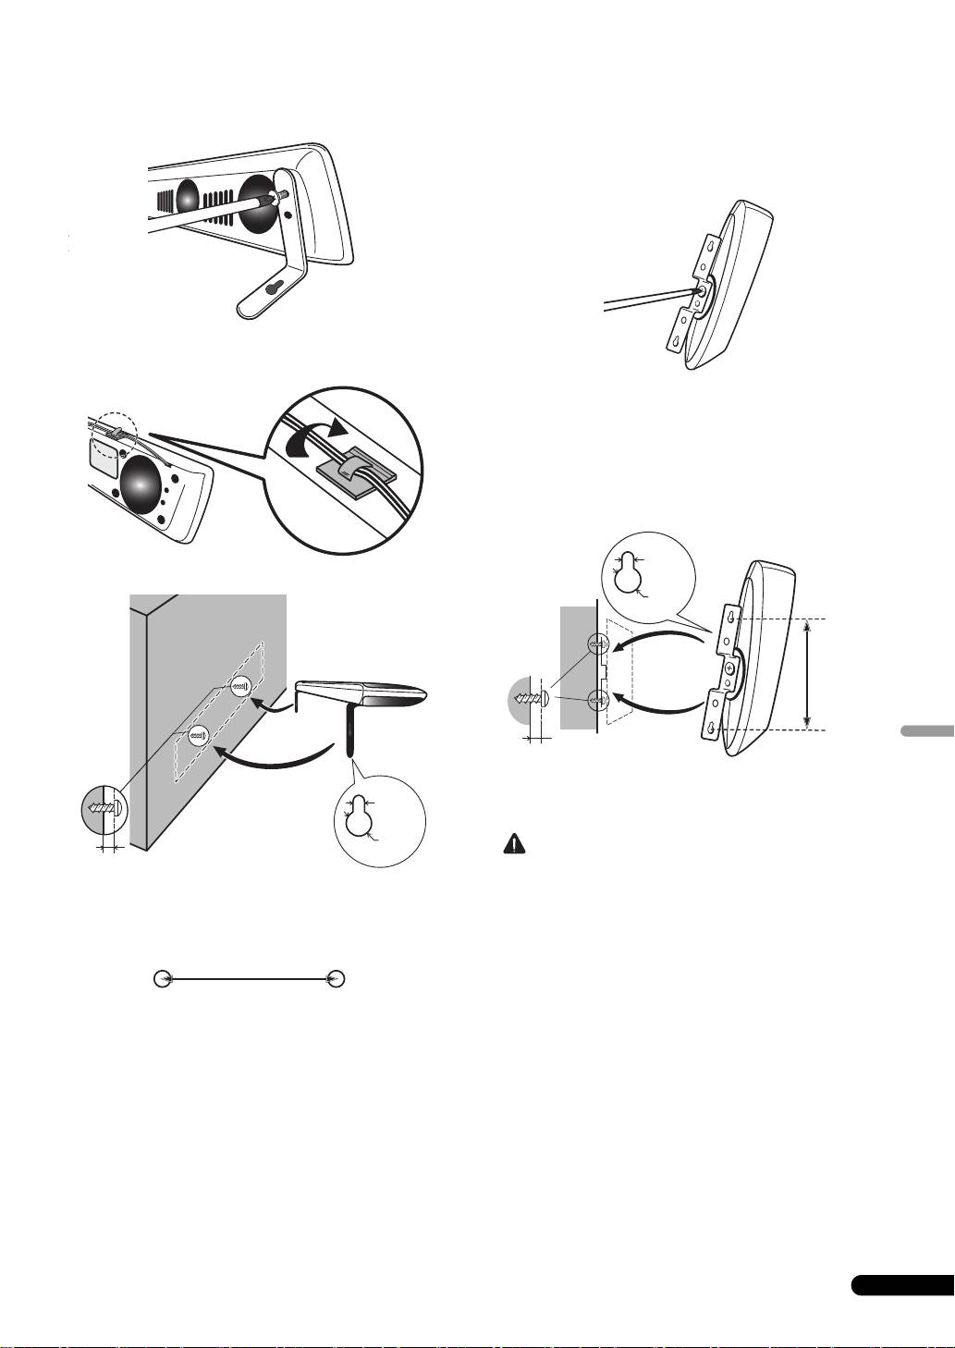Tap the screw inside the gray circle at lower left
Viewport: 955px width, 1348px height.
(x=104, y=806)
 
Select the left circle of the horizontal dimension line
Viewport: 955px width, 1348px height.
(x=163, y=977)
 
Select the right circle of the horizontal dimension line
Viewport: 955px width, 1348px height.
(x=337, y=977)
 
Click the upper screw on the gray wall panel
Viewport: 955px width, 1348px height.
(x=240, y=686)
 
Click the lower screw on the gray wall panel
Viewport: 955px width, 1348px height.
(x=198, y=736)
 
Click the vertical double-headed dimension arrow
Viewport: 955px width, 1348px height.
(x=808, y=673)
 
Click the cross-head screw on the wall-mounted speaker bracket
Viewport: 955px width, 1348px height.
(x=730, y=668)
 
